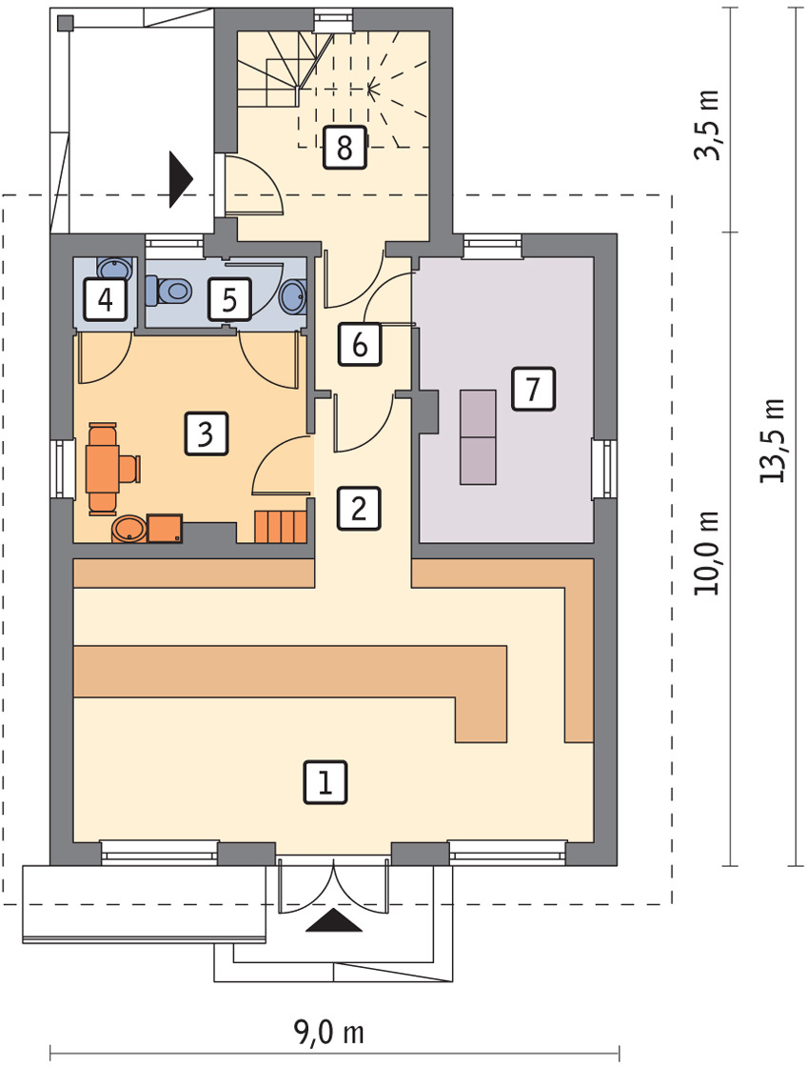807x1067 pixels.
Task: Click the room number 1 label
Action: point(325,782)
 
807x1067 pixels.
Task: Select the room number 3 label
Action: point(206,434)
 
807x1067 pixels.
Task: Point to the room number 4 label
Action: point(106,299)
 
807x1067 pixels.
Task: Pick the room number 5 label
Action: point(229,299)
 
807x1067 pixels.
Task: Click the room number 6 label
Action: point(360,344)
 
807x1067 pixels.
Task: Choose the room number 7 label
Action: point(533,389)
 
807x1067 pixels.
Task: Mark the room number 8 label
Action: point(344,147)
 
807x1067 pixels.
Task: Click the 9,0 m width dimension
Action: point(329,1033)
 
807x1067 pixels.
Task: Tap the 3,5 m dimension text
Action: point(707,125)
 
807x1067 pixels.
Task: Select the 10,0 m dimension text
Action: point(707,553)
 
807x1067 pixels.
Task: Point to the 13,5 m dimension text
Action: point(772,441)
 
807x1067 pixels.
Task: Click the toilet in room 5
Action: point(167,292)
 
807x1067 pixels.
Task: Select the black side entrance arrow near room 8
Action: point(181,179)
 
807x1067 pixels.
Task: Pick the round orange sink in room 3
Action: point(128,529)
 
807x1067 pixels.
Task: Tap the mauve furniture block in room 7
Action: point(478,437)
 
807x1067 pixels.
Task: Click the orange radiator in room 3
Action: point(280,527)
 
